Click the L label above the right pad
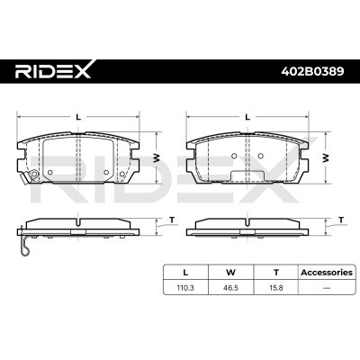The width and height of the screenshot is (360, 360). pos(246,117)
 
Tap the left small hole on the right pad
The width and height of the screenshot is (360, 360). pos(234,156)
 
